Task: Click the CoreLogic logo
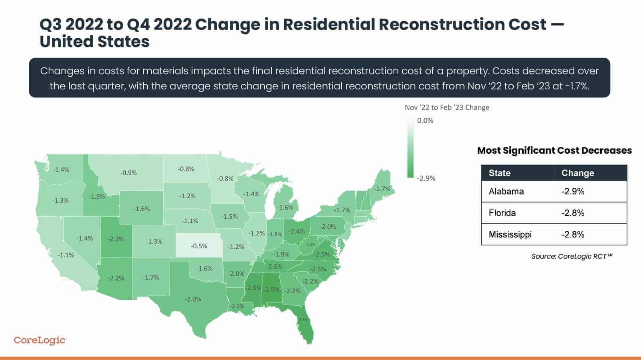(40, 340)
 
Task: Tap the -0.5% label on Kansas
(199, 246)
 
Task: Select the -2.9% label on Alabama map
(272, 289)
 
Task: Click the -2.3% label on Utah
(116, 239)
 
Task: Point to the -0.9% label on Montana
(129, 173)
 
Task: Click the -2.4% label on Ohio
(297, 231)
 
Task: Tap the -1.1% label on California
(66, 255)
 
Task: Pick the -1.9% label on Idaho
(97, 197)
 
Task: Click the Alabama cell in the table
(506, 191)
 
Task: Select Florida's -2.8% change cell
(572, 213)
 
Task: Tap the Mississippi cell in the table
(510, 234)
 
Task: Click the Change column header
(577, 173)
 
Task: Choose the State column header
(499, 173)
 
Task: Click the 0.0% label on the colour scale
(425, 121)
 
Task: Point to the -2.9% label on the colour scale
(426, 178)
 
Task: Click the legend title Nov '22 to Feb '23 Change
(447, 107)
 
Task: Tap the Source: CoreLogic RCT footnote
(572, 256)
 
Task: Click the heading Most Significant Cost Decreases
(554, 150)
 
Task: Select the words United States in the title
(95, 42)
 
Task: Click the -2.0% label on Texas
(193, 299)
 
